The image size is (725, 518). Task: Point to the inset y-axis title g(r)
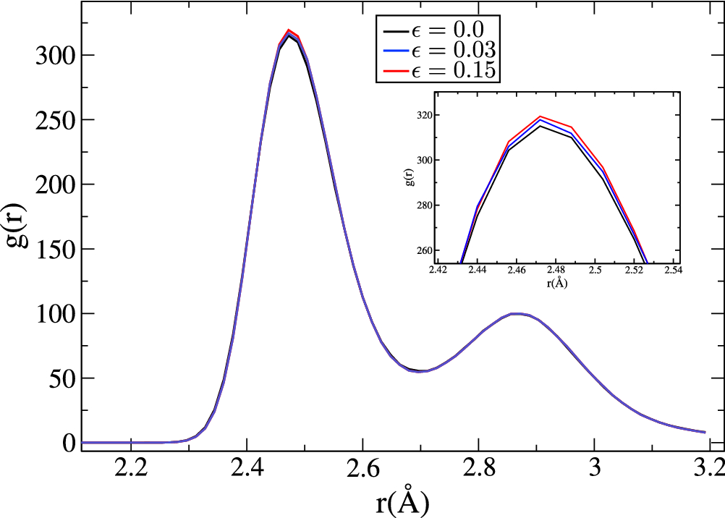410,181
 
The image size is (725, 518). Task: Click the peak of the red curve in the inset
540,116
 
